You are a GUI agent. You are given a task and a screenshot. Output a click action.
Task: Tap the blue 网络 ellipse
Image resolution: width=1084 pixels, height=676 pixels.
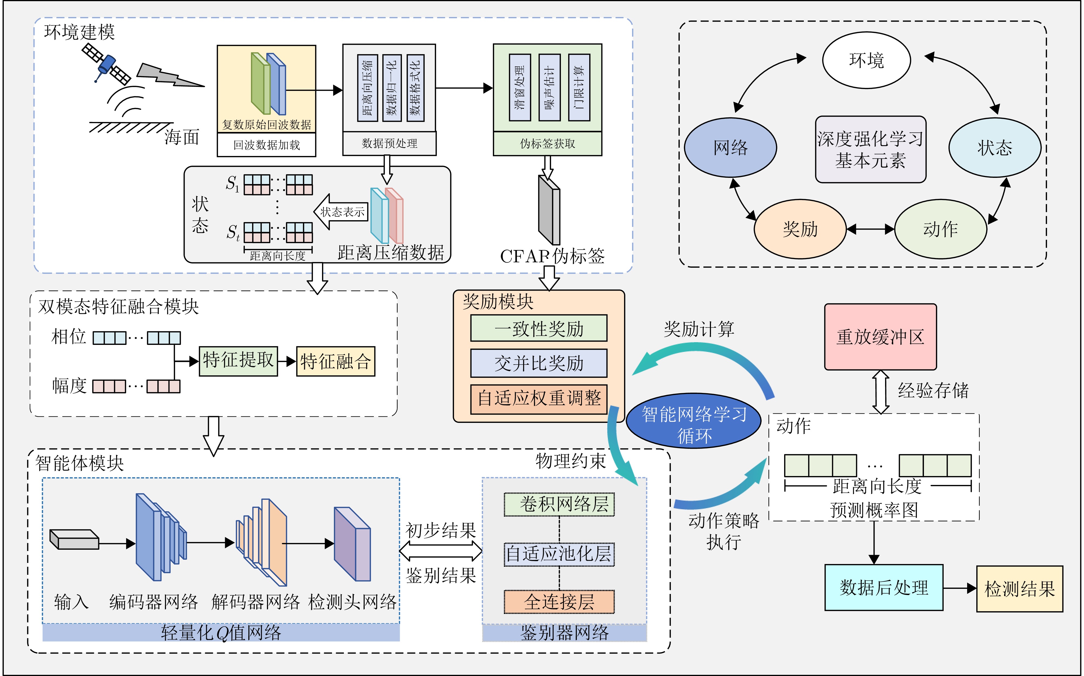coord(730,148)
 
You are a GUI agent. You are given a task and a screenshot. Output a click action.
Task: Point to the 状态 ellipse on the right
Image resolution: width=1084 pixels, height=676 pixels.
coord(995,148)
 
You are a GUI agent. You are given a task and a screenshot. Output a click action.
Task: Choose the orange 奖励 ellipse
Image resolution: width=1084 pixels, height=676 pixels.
coord(800,229)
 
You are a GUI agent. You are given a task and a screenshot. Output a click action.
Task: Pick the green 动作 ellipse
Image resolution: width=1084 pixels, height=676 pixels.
coord(940,229)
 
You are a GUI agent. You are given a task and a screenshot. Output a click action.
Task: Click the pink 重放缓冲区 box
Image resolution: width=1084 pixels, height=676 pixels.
coord(880,337)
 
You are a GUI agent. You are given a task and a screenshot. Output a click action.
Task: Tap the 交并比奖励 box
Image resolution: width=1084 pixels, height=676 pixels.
coord(538,363)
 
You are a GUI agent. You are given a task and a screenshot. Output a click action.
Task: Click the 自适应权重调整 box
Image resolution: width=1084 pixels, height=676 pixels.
coord(538,398)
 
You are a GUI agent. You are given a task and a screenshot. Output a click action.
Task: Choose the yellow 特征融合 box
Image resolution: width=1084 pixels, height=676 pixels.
coord(336,361)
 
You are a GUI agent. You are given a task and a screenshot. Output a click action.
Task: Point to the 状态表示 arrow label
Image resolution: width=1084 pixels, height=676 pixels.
coord(342,212)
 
